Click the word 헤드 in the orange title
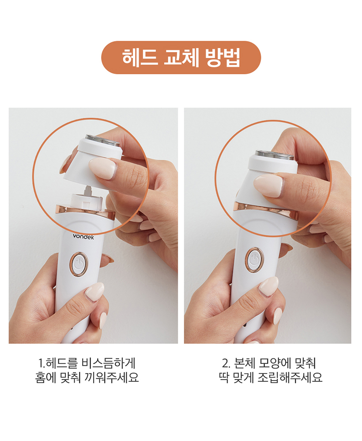click(140, 57)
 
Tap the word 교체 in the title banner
click(181, 57)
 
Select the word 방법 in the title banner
click(222, 57)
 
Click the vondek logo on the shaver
click(83, 236)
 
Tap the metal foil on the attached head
click(275, 154)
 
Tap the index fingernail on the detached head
click(102, 168)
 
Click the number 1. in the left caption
click(41, 363)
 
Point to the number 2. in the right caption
click(226, 363)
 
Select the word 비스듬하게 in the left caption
click(109, 363)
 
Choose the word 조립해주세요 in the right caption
click(290, 377)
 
